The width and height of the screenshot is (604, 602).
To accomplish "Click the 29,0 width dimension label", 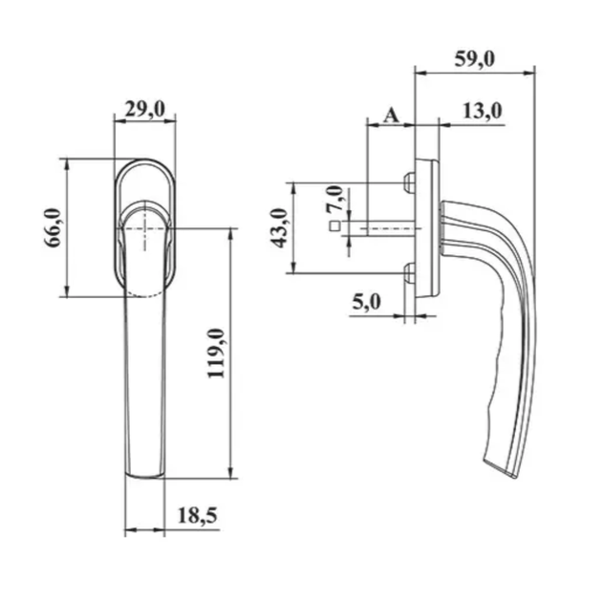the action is coord(145,109).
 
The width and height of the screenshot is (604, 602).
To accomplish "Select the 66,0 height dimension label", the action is coord(53,227).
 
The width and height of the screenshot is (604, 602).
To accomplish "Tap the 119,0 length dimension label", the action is coord(216,354).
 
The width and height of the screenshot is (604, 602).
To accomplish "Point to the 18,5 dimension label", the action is coord(197,515).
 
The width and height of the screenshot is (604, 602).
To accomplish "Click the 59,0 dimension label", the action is coord(474,59).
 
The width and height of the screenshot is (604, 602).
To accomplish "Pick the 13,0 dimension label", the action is coord(483,111).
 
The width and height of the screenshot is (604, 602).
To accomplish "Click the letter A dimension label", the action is coord(392,115).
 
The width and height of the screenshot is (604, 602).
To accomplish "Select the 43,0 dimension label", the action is coord(279,227).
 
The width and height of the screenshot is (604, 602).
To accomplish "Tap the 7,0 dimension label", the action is coord(334,198).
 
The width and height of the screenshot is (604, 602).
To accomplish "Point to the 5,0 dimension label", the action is coord(366,302).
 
